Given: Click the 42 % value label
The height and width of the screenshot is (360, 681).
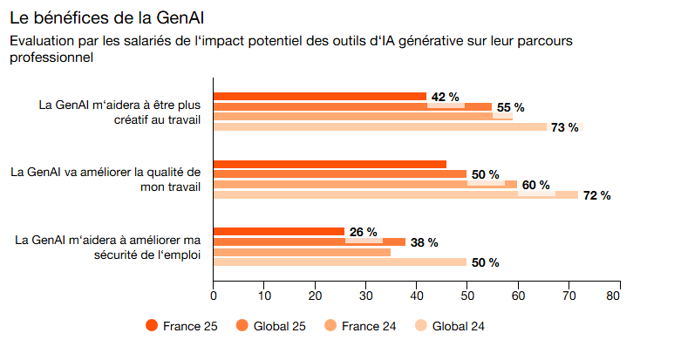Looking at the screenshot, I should [x=446, y=97].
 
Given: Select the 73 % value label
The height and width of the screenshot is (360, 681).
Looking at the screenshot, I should [x=565, y=127].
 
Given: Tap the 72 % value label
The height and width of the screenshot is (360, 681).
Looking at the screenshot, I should [x=596, y=195].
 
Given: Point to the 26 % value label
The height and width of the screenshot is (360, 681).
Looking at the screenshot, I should [x=363, y=232].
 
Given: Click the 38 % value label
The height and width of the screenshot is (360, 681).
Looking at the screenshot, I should [x=424, y=242].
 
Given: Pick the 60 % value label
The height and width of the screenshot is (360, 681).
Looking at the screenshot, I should [x=535, y=185].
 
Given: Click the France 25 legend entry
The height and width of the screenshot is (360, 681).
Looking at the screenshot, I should [x=182, y=326].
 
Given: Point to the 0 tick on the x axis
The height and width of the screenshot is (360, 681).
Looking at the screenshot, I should [x=214, y=295].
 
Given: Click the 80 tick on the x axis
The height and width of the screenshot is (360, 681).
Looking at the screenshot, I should [x=619, y=295].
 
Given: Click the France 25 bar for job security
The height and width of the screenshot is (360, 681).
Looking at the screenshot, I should [x=279, y=232].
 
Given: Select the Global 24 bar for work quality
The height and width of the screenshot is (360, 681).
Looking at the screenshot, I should [x=392, y=195].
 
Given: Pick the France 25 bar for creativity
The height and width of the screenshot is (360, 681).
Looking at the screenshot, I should [x=319, y=97].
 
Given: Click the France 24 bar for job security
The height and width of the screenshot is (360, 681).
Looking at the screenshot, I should [x=302, y=252].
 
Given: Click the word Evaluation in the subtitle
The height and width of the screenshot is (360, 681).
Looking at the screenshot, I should [x=39, y=41].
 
